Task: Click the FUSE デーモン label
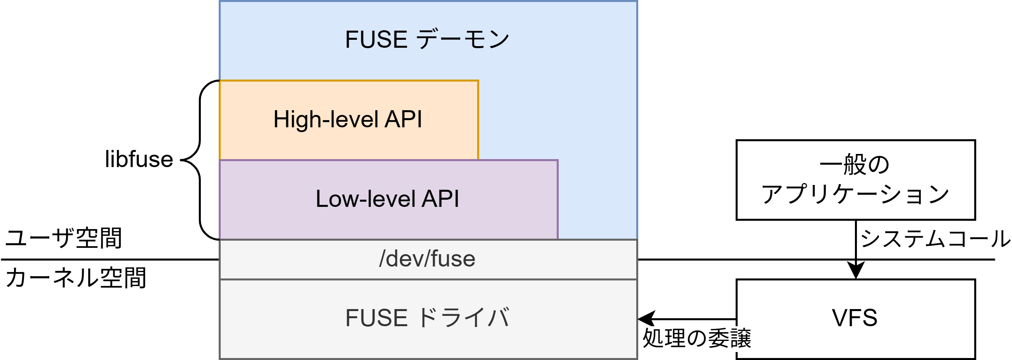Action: coord(427,39)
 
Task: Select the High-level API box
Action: coord(348,119)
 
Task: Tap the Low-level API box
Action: coord(388,199)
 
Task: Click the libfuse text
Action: coord(139,160)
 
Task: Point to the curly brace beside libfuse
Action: coord(199,160)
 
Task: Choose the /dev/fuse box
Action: coord(428,259)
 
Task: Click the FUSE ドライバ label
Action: coord(427,318)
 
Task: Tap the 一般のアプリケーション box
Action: coord(855,179)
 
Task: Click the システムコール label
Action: coord(934,239)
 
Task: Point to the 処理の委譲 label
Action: coord(697,338)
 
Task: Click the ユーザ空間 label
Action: coord(64,239)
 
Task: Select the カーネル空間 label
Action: coord(76,278)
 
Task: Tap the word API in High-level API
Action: coord(403,119)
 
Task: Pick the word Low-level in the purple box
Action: coord(365,199)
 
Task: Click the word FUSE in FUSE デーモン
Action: coord(376,39)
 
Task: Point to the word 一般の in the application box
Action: coord(855,164)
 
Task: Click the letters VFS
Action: coord(855,318)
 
